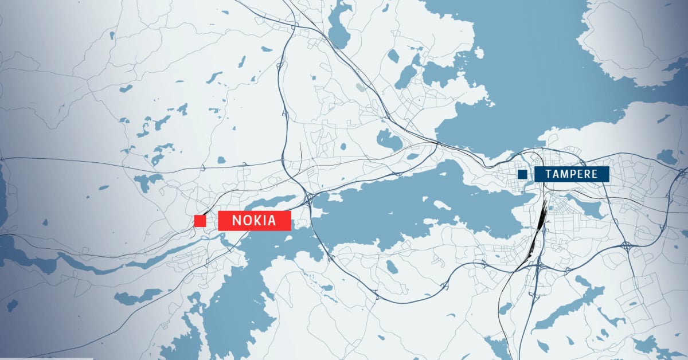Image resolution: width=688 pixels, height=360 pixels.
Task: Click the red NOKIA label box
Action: (x=255, y=221)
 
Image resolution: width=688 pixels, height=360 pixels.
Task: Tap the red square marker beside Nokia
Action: (x=200, y=221)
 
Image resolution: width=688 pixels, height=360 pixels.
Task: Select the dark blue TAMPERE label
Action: (x=572, y=174)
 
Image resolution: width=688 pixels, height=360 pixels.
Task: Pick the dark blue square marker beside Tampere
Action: (x=522, y=174)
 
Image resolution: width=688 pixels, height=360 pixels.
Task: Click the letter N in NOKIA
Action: (x=236, y=221)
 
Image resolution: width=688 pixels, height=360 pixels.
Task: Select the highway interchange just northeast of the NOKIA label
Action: (x=309, y=199)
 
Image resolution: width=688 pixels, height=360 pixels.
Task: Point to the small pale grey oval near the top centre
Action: (x=359, y=88)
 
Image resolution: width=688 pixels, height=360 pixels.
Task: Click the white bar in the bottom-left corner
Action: (x=46, y=358)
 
